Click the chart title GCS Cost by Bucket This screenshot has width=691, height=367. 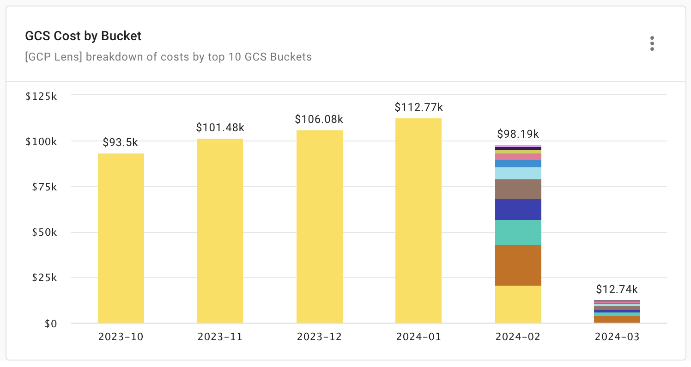point(83,36)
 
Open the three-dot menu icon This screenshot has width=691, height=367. point(652,43)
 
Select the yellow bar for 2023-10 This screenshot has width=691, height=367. point(121,238)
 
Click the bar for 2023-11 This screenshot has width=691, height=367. point(220,231)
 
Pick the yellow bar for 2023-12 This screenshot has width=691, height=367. point(319,226)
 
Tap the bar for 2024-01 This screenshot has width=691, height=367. point(418,220)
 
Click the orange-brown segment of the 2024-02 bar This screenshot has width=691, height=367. point(518,265)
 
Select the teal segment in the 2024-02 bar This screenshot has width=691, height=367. point(518,232)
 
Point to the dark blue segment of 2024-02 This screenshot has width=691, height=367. point(518,209)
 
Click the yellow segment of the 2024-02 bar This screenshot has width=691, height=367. point(518,304)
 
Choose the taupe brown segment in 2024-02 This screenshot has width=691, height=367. point(518,189)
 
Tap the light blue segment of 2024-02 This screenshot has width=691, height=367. point(518,173)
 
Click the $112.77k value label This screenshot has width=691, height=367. point(418,107)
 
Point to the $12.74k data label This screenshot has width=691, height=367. point(617,289)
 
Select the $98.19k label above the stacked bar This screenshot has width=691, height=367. point(518,134)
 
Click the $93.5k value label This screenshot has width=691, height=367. point(120,142)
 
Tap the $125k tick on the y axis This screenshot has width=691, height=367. point(41,97)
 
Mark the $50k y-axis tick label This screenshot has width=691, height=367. point(44,232)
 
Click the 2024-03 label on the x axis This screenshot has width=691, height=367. point(617,337)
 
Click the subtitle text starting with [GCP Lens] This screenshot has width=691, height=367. point(169,57)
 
